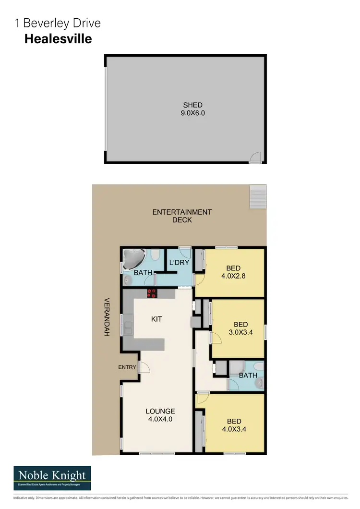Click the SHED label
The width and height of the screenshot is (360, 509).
(x=192, y=105)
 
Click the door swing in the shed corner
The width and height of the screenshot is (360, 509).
(x=256, y=157)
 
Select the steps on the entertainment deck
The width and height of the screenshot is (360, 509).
(x=257, y=195)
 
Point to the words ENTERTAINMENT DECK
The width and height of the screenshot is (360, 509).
(x=182, y=216)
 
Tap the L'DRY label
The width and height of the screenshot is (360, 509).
(x=179, y=263)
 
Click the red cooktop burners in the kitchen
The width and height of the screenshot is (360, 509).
(x=152, y=293)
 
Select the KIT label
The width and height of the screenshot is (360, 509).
(x=156, y=319)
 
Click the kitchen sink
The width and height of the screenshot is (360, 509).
(x=129, y=327)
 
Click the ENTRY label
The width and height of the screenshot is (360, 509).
(x=127, y=367)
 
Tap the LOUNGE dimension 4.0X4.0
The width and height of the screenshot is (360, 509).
(x=160, y=419)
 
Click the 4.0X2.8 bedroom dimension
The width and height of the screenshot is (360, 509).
(x=234, y=276)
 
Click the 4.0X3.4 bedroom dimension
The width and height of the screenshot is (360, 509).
(x=234, y=430)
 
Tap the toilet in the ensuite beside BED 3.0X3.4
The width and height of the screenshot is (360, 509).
(x=259, y=383)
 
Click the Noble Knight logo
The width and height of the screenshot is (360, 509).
(x=52, y=478)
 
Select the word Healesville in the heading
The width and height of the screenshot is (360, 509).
(x=58, y=39)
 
